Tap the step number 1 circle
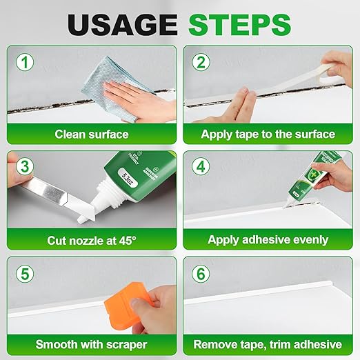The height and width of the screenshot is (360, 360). (26, 63)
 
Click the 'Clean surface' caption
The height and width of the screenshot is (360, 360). (91, 134)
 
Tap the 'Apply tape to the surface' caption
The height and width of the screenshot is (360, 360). (268, 134)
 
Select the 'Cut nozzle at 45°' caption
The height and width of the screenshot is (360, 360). (91, 240)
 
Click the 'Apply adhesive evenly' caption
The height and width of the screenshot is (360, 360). (268, 240)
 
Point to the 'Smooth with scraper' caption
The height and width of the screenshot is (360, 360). (91, 344)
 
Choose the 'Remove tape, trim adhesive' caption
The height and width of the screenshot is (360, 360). (268, 344)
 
